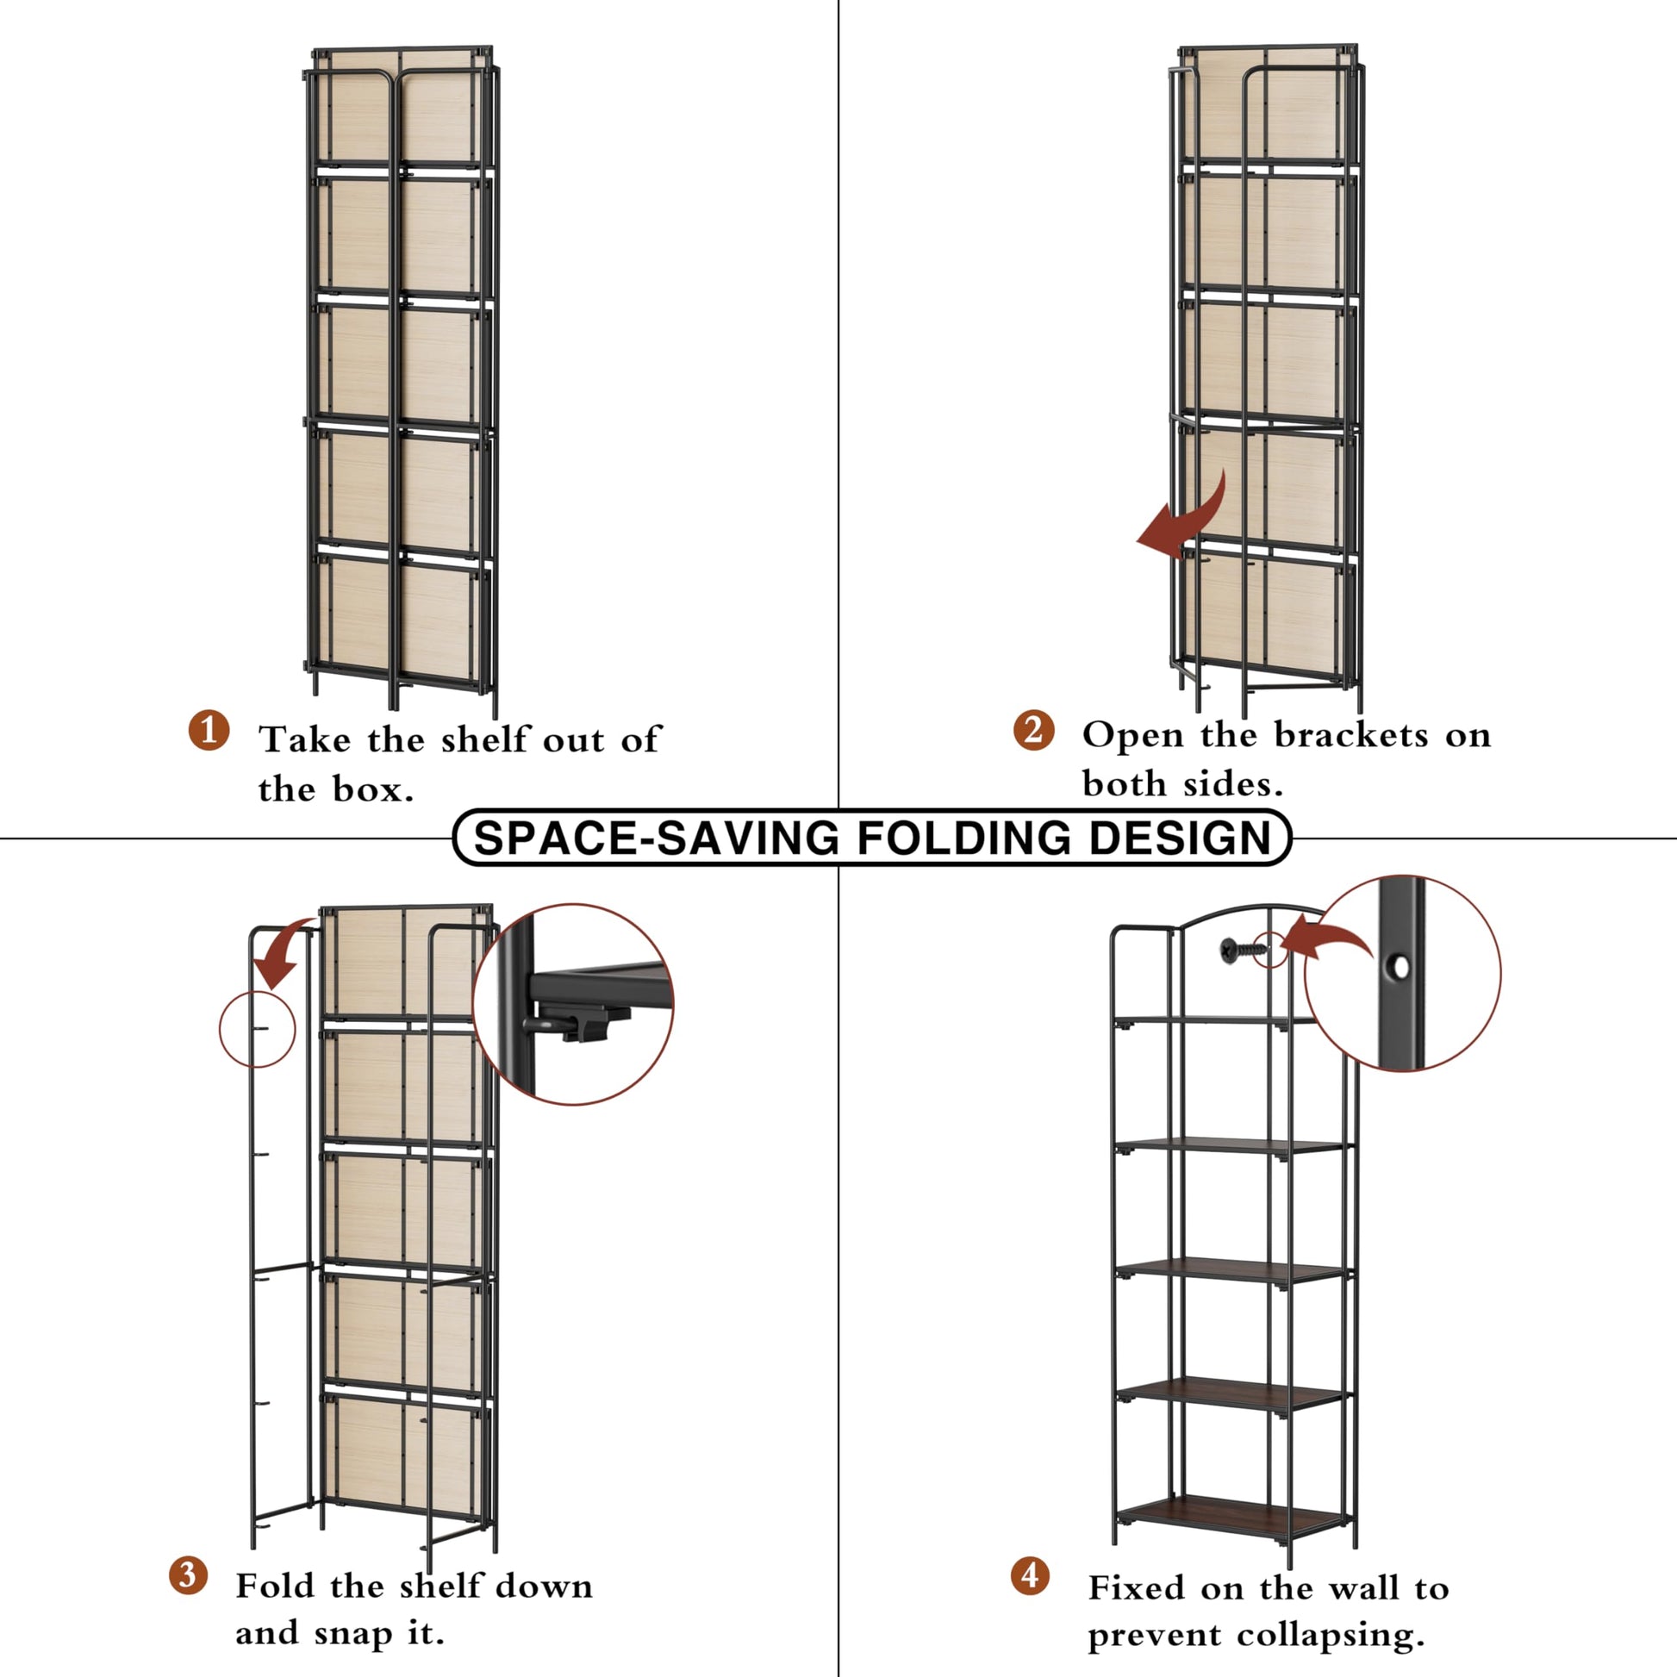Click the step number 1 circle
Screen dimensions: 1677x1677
tap(209, 730)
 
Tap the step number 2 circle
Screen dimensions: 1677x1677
tap(1033, 730)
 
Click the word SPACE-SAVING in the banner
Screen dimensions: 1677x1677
tap(656, 838)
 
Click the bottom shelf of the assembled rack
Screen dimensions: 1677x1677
tap(1234, 1519)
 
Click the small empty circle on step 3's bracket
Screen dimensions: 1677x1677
tap(257, 1029)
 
